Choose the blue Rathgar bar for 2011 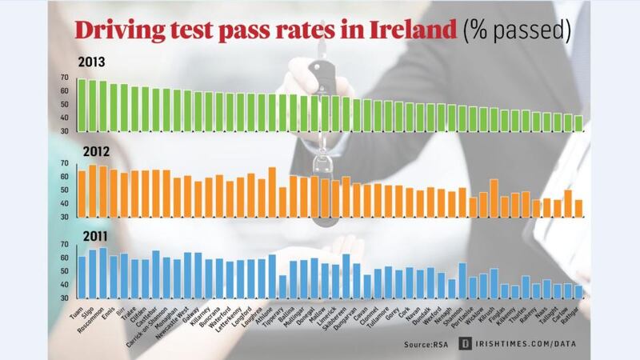click(x=578, y=291)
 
